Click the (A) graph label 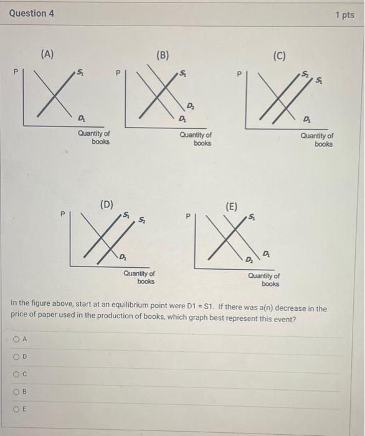pos(47,54)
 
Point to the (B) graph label pos(163,55)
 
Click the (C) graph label pos(279,56)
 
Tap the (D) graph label pos(107,204)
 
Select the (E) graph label pos(231,207)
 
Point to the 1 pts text pos(344,14)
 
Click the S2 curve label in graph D pos(143,219)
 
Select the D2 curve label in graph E pos(249,258)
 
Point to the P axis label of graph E pos(187,217)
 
